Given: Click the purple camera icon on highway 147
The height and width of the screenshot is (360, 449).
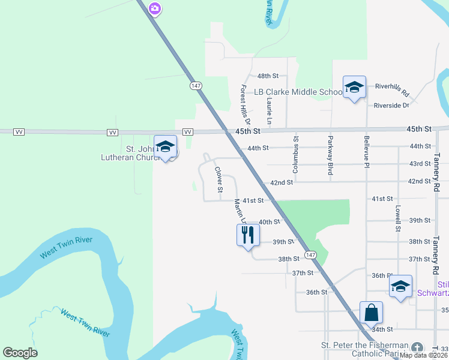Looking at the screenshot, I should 155,8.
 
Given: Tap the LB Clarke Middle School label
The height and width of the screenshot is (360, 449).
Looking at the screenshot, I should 298,92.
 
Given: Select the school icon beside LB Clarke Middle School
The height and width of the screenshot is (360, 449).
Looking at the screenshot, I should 354,88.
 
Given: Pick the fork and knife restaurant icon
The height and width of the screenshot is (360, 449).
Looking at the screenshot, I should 248,235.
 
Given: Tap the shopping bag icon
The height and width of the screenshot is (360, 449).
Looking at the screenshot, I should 371,313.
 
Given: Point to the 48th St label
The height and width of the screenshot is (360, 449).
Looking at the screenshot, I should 268,76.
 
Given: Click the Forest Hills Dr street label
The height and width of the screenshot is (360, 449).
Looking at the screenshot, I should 244,101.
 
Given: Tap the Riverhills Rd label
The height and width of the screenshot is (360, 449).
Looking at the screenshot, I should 391,90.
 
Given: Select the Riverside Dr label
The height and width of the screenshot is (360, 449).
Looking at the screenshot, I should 391,106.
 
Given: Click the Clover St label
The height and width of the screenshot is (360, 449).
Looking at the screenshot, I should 219,179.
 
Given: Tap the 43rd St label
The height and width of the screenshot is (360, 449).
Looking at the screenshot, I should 420,164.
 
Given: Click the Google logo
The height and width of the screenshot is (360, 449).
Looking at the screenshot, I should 20,353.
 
